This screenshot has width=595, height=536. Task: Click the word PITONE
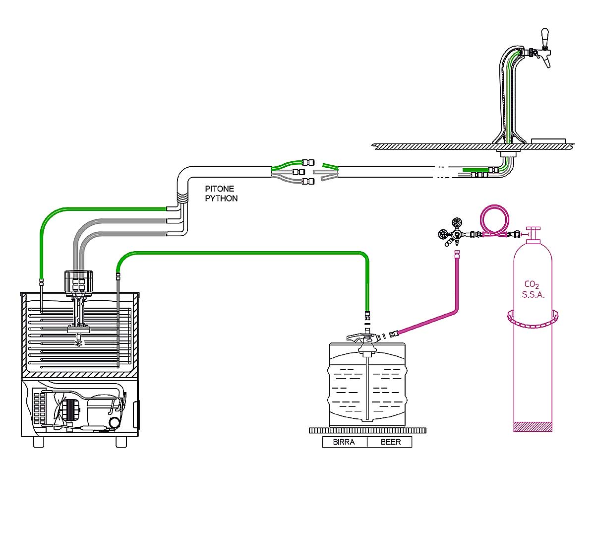pyautogui.click(x=219, y=189)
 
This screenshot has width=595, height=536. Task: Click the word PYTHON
pyautogui.click(x=221, y=199)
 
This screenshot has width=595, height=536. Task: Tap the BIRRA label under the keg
pyautogui.click(x=344, y=442)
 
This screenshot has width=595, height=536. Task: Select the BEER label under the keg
pyautogui.click(x=390, y=442)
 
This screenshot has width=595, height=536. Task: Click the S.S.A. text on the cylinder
pyautogui.click(x=533, y=295)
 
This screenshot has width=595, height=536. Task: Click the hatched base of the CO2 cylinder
pyautogui.click(x=533, y=426)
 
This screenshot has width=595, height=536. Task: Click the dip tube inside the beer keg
pyautogui.click(x=366, y=387)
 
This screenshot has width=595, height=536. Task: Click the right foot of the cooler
pyautogui.click(x=121, y=442)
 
